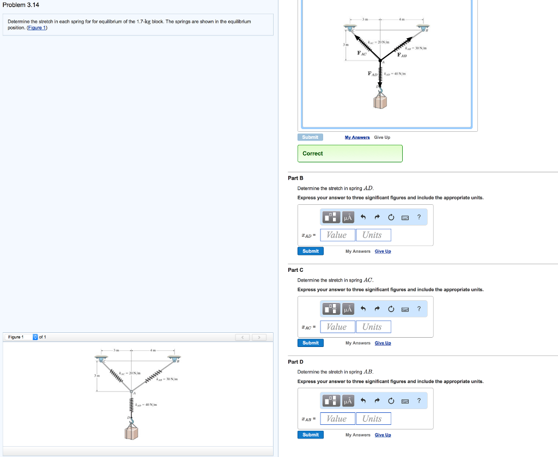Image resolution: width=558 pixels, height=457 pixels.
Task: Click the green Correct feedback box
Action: point(350,154)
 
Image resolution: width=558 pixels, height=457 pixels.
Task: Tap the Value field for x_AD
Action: point(337,235)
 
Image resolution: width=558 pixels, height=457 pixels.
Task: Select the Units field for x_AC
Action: point(372,327)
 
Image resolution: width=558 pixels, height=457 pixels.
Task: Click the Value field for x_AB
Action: point(337,419)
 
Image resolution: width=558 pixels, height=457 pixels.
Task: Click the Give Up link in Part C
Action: point(383,343)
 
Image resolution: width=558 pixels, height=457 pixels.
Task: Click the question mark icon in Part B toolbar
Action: point(419,218)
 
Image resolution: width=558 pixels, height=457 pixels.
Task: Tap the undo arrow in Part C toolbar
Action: point(363,309)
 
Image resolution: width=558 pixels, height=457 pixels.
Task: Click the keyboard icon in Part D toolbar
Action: point(405,401)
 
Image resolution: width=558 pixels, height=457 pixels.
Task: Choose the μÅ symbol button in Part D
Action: point(348,401)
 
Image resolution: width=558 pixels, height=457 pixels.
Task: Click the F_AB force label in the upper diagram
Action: point(402,55)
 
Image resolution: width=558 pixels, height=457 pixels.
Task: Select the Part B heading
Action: point(295,178)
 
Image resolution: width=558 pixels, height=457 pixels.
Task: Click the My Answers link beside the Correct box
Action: point(357,137)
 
